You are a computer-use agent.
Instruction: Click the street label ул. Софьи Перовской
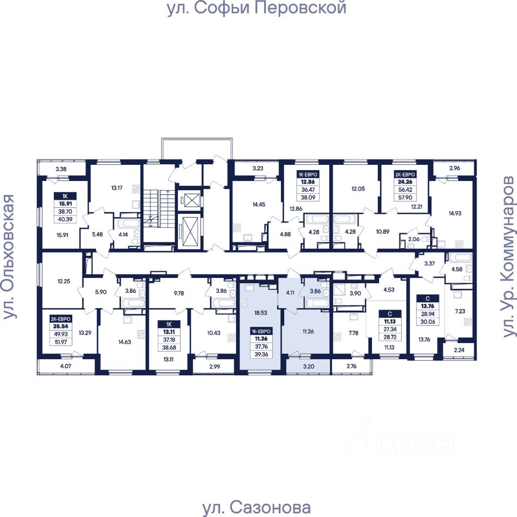(256, 9)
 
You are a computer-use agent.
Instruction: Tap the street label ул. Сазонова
(256, 508)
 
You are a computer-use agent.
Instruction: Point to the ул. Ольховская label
(9, 257)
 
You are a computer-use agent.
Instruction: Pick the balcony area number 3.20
(308, 367)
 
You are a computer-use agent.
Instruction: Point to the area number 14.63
(121, 341)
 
